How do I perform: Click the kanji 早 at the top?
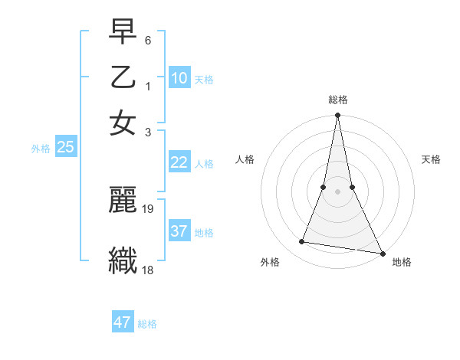123,32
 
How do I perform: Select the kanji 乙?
123,77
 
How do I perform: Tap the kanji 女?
123,123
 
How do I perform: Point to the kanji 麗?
123,201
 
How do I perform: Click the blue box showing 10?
179,78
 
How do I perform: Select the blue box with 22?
179,162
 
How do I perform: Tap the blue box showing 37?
179,231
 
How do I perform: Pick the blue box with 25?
66,148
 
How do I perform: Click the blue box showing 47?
123,322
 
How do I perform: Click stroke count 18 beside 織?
148,270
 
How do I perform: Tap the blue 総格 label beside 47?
147,324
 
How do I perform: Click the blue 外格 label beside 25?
40,149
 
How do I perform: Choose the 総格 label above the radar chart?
337,100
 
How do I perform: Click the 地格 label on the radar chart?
402,262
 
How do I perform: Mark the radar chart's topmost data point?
337,116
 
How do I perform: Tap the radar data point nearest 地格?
382,253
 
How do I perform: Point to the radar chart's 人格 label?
245,159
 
